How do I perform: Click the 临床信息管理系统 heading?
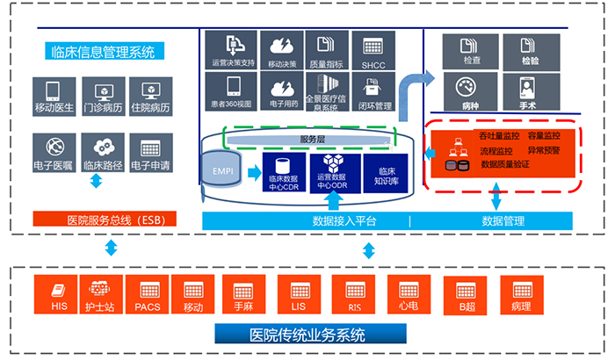[104, 52]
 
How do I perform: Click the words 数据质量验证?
[515, 162]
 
